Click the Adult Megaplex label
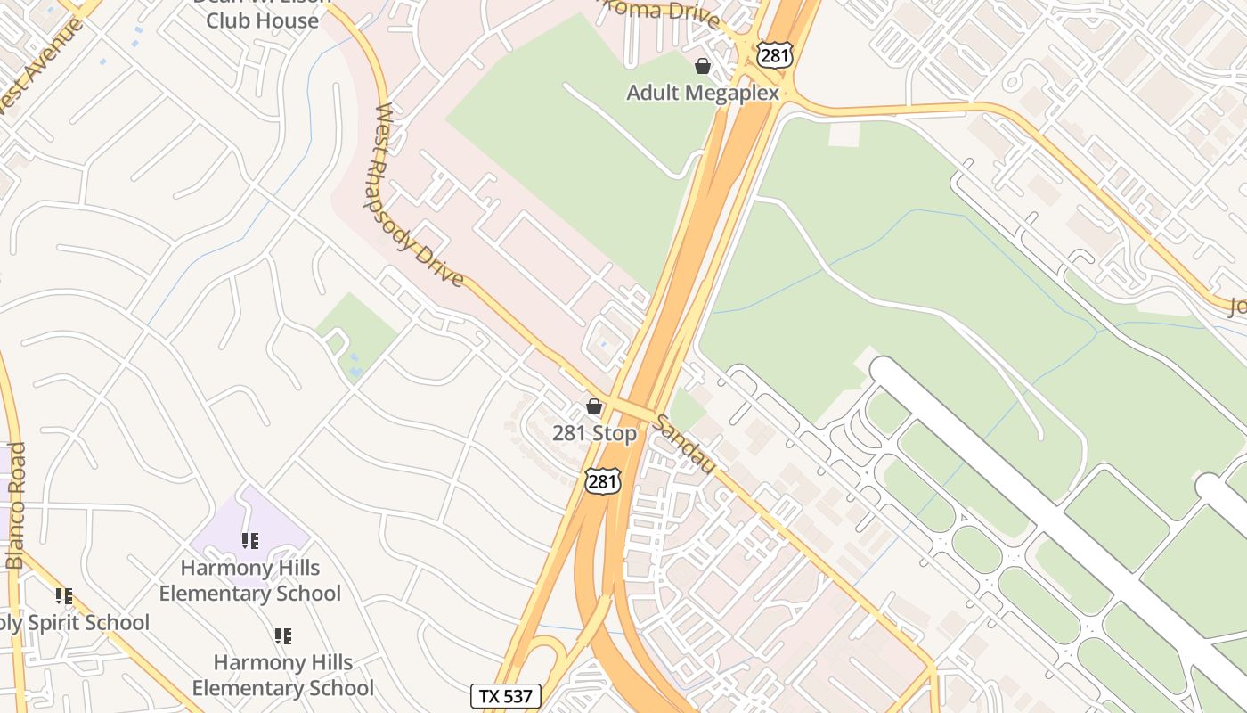tap(702, 93)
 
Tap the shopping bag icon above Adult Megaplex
tap(703, 66)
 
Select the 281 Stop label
tap(594, 434)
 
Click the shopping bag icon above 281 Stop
tap(594, 407)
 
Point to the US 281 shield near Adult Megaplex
tap(774, 54)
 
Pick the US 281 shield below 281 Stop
tap(602, 481)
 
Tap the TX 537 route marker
tap(505, 695)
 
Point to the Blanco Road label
tap(16, 505)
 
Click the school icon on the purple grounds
tap(250, 540)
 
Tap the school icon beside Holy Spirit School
tap(63, 595)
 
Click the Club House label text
tap(262, 20)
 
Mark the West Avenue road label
tap(40, 67)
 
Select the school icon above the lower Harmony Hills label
tap(282, 636)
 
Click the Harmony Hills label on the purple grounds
tap(250, 580)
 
